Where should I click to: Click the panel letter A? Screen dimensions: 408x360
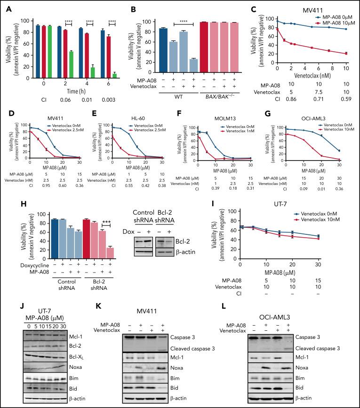pos(6,7)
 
